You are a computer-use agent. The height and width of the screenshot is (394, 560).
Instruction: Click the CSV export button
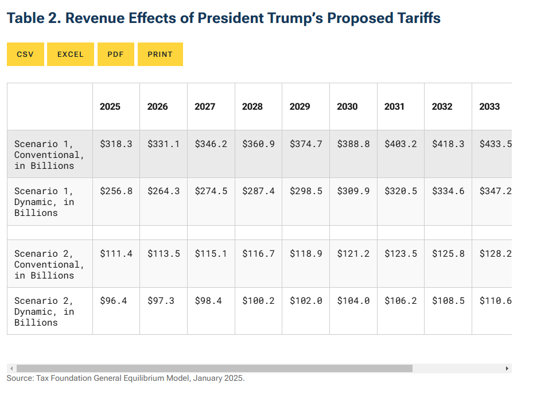25,55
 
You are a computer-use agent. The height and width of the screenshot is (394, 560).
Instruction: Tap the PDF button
115,55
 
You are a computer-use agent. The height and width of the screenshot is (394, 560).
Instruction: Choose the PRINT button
160,55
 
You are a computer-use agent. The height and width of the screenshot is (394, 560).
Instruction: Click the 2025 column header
110,107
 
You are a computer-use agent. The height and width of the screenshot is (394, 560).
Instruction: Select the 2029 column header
300,107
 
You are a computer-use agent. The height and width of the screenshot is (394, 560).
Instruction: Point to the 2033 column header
489,107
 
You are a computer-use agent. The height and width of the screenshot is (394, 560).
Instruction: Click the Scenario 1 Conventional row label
49,154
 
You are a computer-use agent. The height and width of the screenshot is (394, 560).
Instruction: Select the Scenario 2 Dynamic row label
44,311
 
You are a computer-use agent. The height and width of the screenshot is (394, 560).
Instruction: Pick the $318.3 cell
116,144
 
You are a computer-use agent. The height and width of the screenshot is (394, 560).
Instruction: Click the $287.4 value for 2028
258,191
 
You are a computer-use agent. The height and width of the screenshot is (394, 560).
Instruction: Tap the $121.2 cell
353,253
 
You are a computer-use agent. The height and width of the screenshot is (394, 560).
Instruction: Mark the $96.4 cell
113,300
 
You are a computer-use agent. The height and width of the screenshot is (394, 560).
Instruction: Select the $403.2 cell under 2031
400,144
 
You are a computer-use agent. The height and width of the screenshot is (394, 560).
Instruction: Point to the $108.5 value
448,300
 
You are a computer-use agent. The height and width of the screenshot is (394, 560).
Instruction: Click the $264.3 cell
164,191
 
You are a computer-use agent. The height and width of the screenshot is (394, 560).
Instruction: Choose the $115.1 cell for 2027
211,253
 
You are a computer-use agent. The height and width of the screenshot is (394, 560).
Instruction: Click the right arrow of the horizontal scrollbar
507,368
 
